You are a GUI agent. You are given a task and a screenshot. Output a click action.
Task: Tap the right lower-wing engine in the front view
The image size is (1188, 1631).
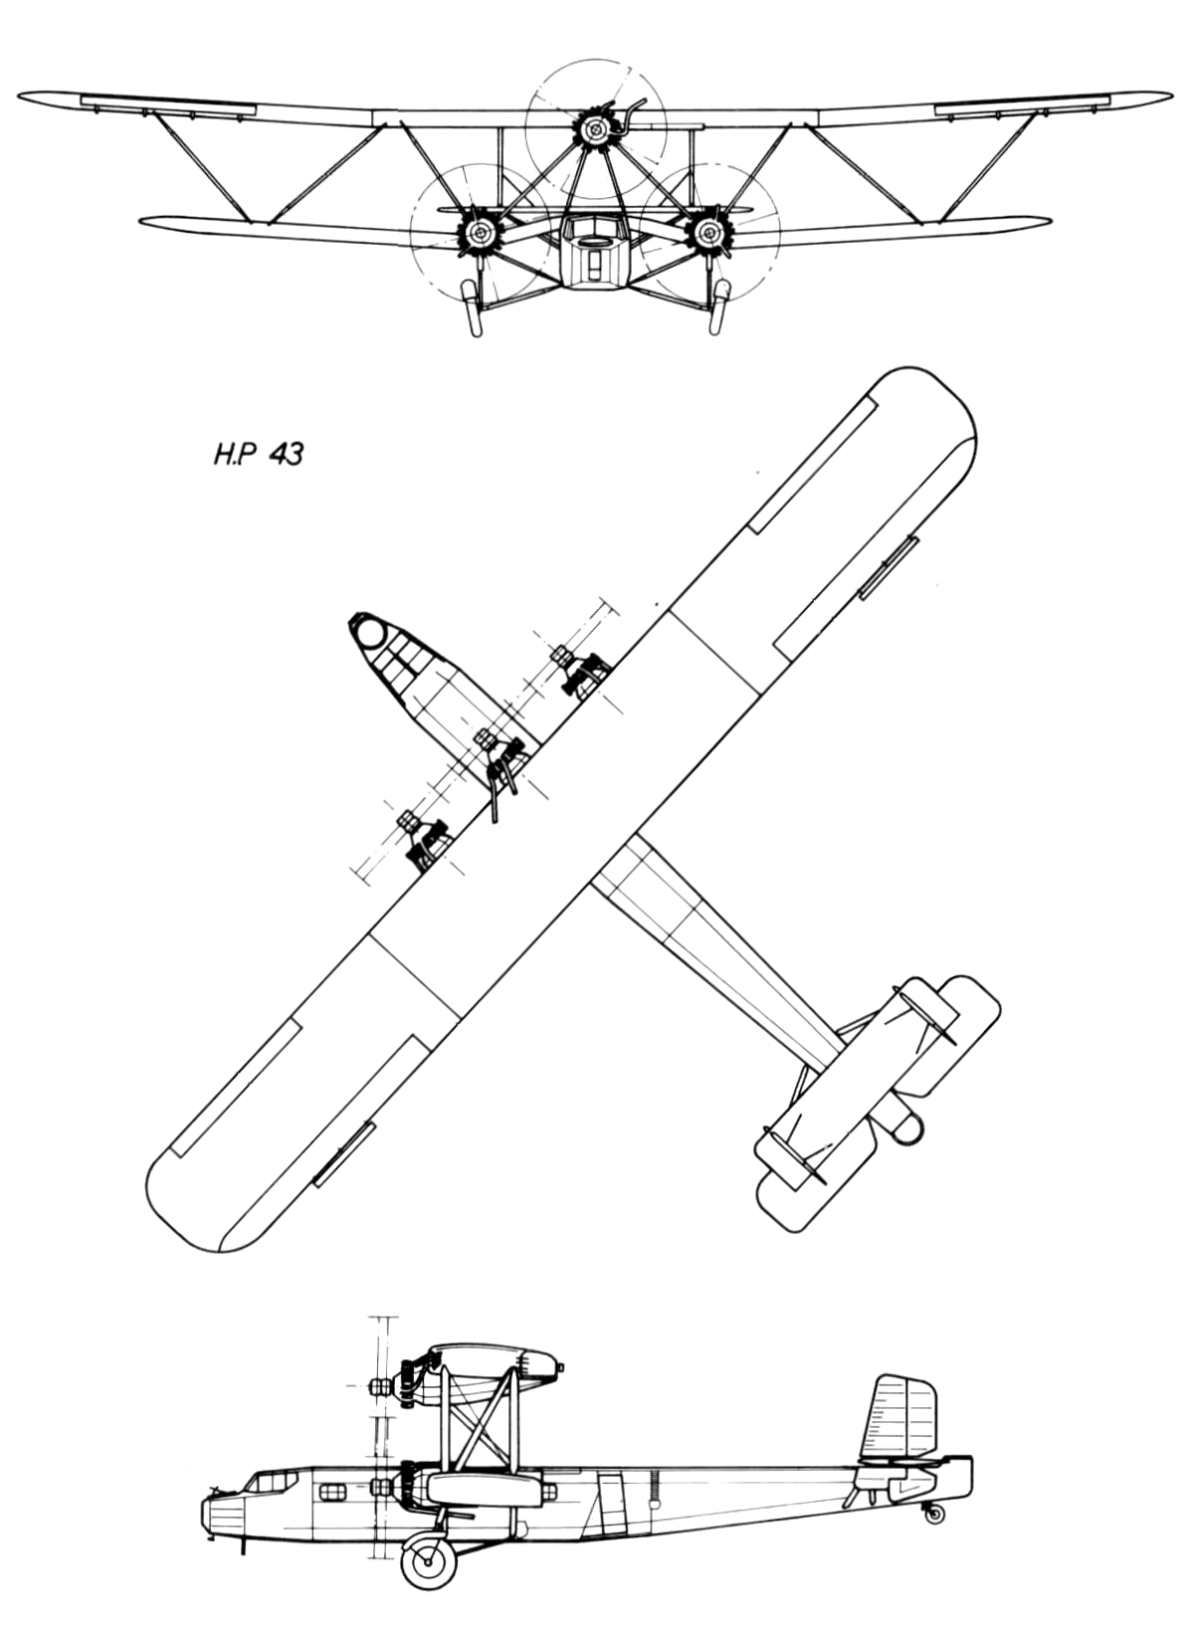pyautogui.click(x=706, y=232)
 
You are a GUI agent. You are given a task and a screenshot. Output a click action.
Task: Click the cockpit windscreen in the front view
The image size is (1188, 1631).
pyautogui.click(x=595, y=228)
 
